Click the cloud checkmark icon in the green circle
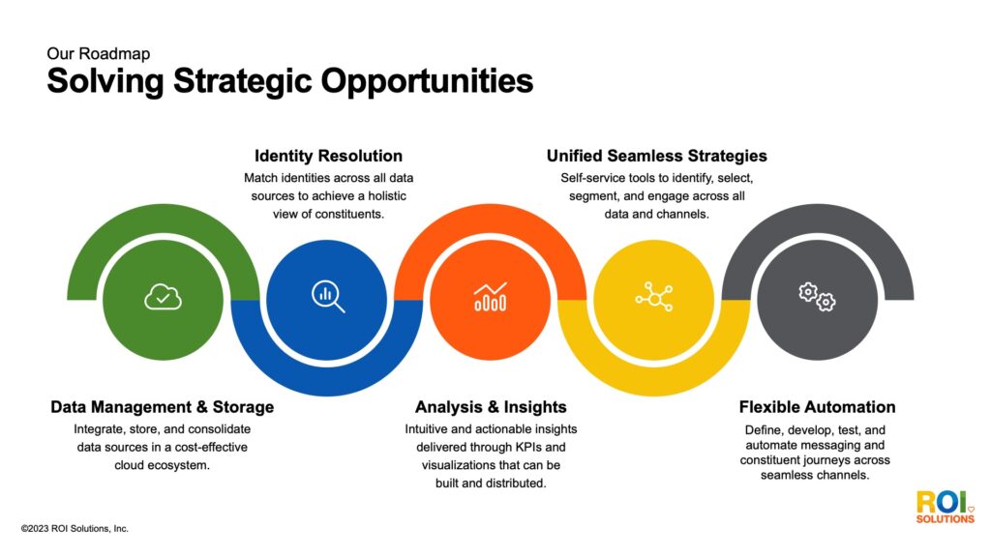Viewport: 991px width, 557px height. [163, 297]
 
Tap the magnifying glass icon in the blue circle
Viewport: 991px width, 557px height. [327, 296]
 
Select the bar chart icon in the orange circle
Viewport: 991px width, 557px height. [490, 297]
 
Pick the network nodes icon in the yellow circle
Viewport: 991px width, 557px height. [653, 297]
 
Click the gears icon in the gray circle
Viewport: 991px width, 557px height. [817, 297]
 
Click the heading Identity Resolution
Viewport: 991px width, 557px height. [328, 156]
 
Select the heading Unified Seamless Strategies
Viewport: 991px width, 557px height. [656, 156]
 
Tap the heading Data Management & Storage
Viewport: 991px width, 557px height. [163, 407]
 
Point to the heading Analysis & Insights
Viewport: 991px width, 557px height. [491, 407]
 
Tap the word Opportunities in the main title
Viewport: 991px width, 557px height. [427, 81]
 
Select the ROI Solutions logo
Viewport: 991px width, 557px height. [945, 507]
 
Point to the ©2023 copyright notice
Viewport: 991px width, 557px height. [75, 529]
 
